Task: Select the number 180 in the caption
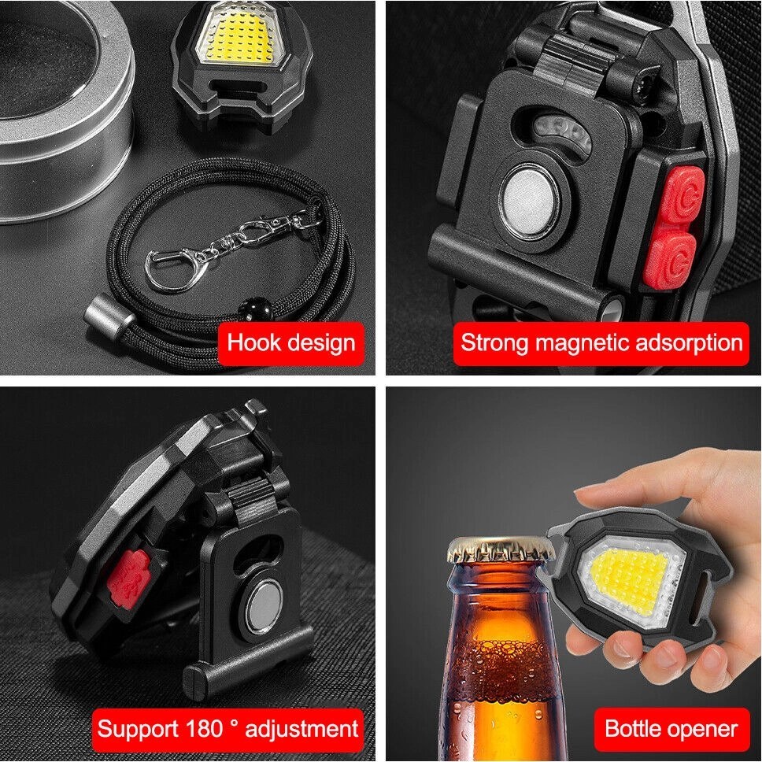(205, 728)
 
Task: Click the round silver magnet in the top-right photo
(529, 202)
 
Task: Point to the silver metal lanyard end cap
(110, 316)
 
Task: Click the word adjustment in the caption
(301, 730)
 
